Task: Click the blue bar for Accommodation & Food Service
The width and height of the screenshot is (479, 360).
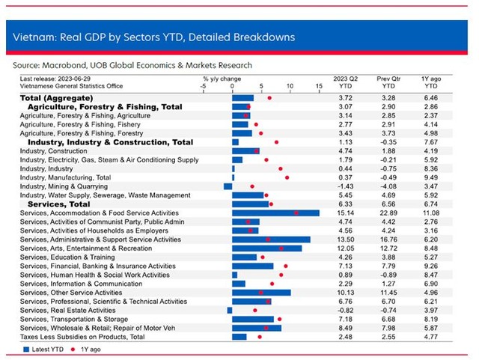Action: point(275,213)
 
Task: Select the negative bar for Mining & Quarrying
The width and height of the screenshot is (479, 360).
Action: point(228,186)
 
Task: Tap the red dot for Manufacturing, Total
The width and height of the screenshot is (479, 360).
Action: point(287,177)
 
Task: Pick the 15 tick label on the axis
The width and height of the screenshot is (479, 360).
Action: point(319,86)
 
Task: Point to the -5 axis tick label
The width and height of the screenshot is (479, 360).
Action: point(203,86)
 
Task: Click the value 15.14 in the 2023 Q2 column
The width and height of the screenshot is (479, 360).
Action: point(346,213)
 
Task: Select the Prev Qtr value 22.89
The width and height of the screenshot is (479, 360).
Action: point(388,213)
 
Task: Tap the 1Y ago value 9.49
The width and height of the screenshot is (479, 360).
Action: point(431,177)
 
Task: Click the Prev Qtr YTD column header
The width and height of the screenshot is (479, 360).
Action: point(388,82)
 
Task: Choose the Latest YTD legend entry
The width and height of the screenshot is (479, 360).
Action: point(43,350)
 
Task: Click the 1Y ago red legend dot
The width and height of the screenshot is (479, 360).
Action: point(73,350)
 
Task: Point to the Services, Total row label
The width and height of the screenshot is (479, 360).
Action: point(59,204)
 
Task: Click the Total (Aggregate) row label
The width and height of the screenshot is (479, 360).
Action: point(57,98)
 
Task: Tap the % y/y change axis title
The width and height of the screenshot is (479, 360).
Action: point(222,79)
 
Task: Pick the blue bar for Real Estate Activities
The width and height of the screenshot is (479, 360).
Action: point(230,311)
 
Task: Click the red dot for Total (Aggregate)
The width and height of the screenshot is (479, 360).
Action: point(269,98)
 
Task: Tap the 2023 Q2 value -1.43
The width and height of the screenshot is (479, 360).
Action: point(346,186)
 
